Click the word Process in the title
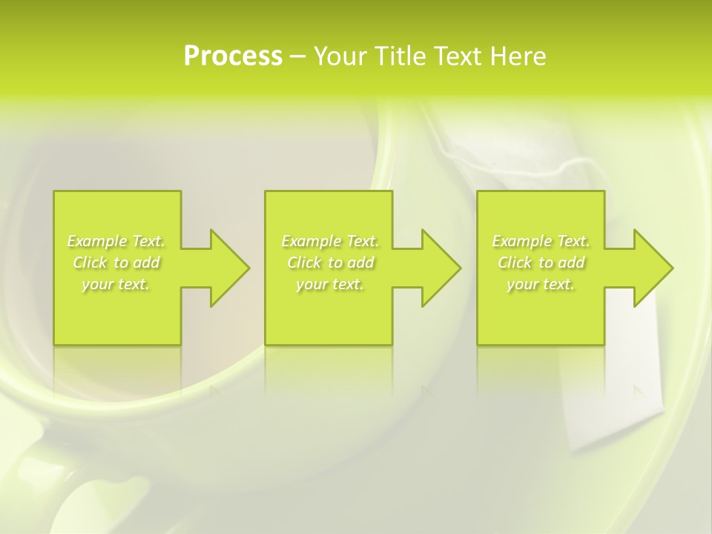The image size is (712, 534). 233,56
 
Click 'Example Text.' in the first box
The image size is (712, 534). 116,241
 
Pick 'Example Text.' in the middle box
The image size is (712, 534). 330,241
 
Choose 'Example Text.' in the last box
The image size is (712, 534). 541,241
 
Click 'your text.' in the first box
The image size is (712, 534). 116,284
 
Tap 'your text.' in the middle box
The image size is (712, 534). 330,284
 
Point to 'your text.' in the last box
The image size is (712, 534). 541,284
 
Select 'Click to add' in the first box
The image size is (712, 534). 116,263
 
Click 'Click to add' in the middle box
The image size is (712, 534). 330,263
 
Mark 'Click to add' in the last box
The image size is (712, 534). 541,263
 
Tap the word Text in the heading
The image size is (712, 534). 458,56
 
